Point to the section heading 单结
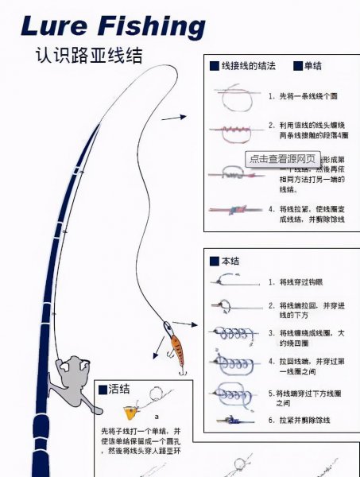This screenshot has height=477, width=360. pos(314,66)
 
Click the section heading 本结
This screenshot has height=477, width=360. pos(230,261)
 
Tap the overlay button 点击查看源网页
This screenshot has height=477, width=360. pos(284,158)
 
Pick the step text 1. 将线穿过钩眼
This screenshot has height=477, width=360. pos(299,281)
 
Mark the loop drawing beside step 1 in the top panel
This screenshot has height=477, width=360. pos(230,97)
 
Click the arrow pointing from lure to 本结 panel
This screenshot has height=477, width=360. pos(186,323)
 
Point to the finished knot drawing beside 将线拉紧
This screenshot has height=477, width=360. pos(232,211)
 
